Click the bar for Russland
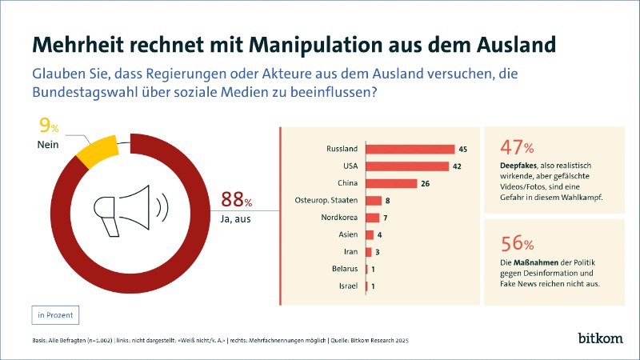tap(410, 149)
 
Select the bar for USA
tap(406, 166)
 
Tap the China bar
tap(391, 183)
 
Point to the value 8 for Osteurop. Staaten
tap(387, 201)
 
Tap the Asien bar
tap(370, 235)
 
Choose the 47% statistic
tap(517, 147)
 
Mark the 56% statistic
tap(517, 243)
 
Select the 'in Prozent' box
tap(56, 314)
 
